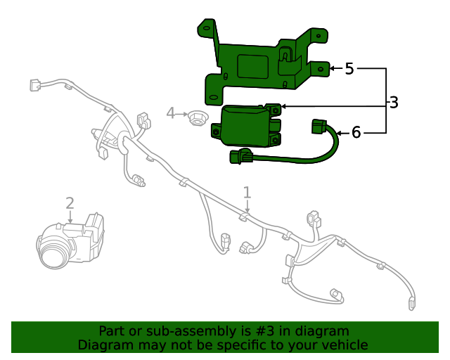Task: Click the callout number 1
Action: coord(247,192)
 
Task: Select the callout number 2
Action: coord(70,203)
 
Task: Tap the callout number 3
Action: coord(394,103)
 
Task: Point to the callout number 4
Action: coord(170,112)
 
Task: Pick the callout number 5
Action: coord(349,69)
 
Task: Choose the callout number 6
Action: coord(356,132)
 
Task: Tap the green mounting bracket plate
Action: coord(260,60)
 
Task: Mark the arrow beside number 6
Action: coord(342,132)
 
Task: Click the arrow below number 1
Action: coord(247,207)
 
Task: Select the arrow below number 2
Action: coord(70,217)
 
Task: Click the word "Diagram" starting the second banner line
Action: coord(103,345)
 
